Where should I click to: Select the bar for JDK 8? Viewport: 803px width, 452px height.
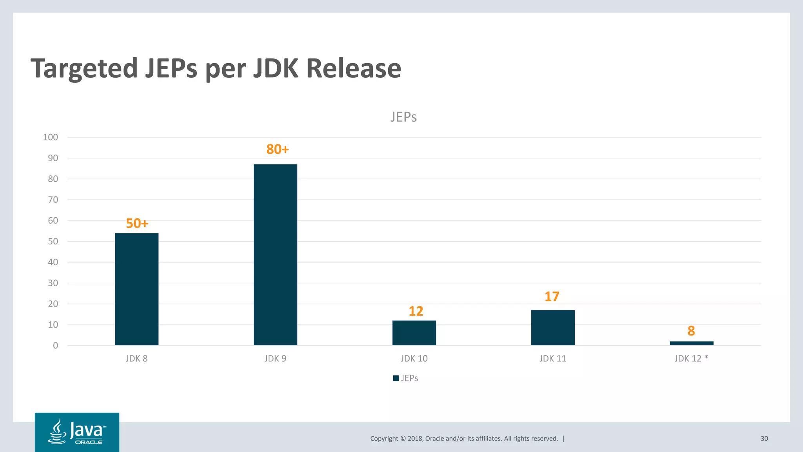[x=136, y=289]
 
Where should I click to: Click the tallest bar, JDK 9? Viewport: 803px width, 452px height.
[x=275, y=255]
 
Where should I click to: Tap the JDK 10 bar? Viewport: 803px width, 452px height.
[x=414, y=333]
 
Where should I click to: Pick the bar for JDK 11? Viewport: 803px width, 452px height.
[x=553, y=328]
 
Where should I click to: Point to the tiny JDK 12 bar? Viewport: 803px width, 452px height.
[x=692, y=343]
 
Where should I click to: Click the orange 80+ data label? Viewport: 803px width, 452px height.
[x=278, y=149]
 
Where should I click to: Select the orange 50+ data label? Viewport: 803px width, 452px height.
[x=137, y=224]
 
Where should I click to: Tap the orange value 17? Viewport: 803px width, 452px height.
[x=552, y=297]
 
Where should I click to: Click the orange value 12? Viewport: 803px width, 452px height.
[x=416, y=311]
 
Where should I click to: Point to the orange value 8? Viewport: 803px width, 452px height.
[x=691, y=331]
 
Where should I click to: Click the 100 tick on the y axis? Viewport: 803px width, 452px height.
[x=51, y=137]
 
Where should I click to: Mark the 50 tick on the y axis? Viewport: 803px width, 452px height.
[x=53, y=242]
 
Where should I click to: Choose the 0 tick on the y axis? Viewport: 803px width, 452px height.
[x=55, y=346]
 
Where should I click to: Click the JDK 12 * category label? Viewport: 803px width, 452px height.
[x=691, y=359]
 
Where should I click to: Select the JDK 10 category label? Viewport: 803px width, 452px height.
[x=414, y=359]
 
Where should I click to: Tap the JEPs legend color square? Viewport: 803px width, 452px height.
[x=396, y=378]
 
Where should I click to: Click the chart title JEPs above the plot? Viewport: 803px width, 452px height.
[x=403, y=117]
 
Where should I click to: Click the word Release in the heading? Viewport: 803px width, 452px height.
[x=353, y=69]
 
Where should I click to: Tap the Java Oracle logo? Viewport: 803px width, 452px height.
[x=77, y=432]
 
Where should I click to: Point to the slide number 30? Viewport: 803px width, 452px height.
[x=764, y=439]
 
